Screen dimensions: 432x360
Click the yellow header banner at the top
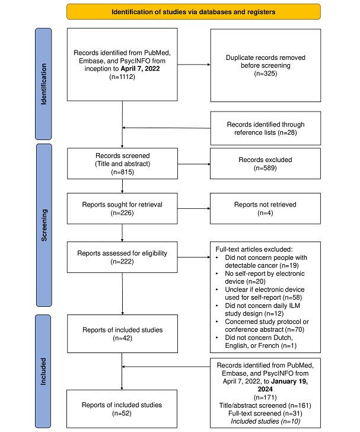(193, 11)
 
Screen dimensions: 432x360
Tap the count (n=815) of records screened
(122, 171)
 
